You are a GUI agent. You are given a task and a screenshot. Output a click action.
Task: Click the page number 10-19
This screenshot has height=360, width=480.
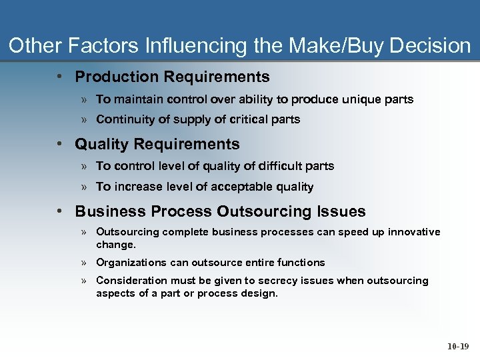[x=458, y=346]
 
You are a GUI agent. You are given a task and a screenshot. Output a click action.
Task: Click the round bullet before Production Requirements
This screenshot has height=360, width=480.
[x=60, y=77]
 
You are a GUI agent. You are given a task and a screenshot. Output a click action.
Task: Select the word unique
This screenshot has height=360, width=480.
[x=361, y=99]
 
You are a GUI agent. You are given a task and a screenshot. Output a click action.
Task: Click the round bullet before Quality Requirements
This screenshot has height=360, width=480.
[x=60, y=144]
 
